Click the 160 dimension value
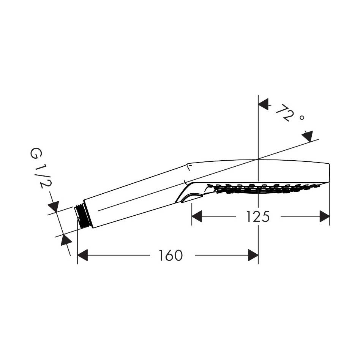click(171, 255)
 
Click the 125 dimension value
click(257, 216)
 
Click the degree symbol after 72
click(302, 118)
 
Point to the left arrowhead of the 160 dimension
click(82, 255)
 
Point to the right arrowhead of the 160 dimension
click(253, 255)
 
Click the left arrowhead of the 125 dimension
click(197, 216)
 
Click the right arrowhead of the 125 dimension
click(325, 216)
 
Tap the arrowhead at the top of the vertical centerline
click(264, 104)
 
